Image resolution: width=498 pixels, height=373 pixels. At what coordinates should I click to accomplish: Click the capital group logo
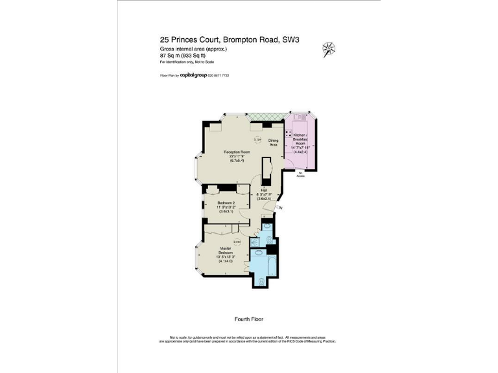(x=193, y=76)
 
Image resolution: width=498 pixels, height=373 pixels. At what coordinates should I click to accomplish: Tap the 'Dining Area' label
(x=274, y=143)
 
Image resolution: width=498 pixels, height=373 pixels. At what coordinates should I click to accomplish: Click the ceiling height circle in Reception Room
(x=257, y=140)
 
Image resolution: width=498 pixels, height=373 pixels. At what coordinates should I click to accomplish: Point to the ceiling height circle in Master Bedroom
(x=238, y=242)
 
